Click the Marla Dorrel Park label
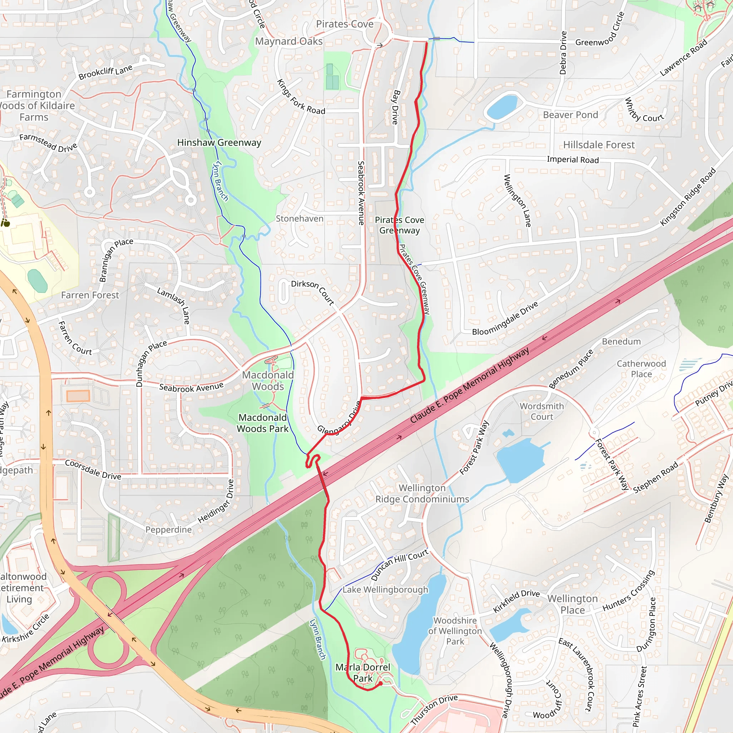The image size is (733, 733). coord(362,673)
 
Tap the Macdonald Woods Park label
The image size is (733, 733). coord(263,423)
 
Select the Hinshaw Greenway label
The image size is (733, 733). coord(219,143)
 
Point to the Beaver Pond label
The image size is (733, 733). coord(570,115)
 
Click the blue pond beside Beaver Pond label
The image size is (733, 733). coord(502,107)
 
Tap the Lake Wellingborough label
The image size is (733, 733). coord(385,589)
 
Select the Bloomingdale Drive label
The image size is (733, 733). coord(505,318)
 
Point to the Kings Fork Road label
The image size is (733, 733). coord(301,97)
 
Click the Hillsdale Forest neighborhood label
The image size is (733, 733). coord(599,145)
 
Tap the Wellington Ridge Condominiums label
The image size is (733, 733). coord(422,494)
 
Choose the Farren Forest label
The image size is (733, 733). coord(90,295)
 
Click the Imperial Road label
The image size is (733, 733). coord(573,160)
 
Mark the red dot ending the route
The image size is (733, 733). coord(381,684)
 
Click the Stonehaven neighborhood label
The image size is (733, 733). coord(299,219)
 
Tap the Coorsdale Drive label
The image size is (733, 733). coord(93,470)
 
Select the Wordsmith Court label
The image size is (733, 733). coord(542,411)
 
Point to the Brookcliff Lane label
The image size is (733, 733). coord(106,72)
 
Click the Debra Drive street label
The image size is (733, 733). coord(563,53)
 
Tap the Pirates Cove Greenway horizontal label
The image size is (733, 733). coord(399,225)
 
